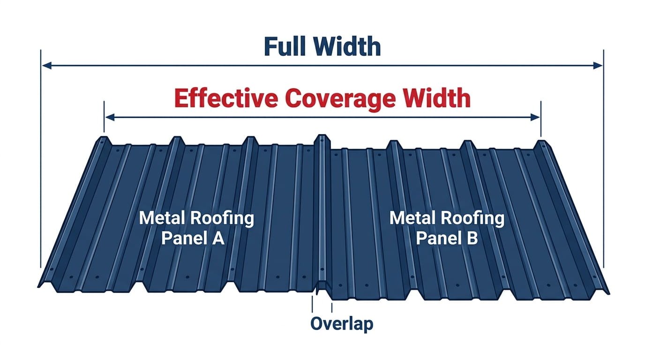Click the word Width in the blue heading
(x=347, y=46)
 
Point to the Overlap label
(x=342, y=324)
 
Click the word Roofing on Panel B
(x=475, y=218)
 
